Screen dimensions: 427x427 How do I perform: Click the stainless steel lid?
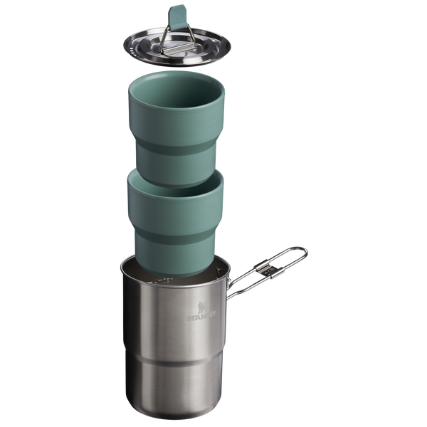tap(177, 47)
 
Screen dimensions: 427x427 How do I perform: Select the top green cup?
tap(176, 129)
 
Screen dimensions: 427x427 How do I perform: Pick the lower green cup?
tap(175, 222)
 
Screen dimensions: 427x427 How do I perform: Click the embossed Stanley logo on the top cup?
tap(209, 123)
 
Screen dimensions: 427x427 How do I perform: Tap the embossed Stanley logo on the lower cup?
tap(209, 213)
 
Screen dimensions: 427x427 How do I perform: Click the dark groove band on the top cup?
tap(176, 149)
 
